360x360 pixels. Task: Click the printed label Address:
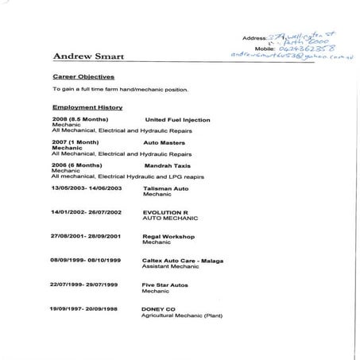pos(262,37)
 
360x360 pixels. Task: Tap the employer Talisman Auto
pos(166,188)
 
